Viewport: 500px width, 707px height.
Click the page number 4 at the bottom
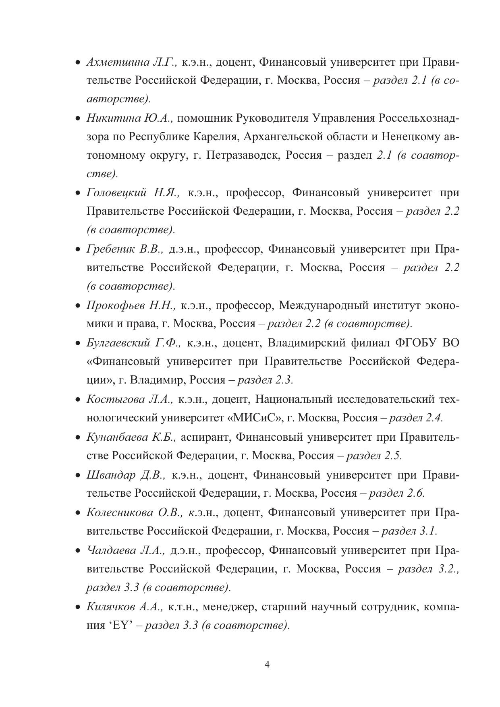(267, 664)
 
